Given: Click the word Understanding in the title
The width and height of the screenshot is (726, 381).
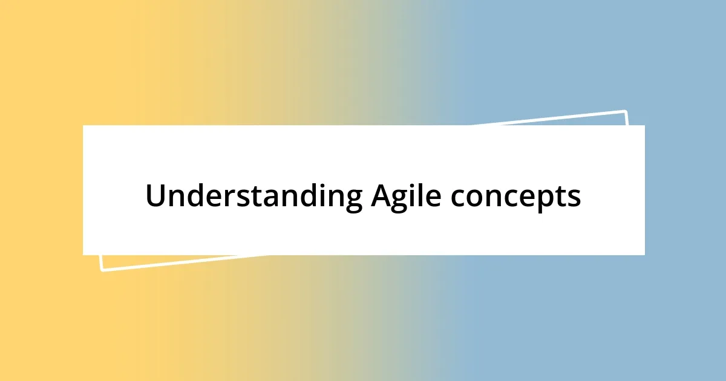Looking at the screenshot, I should (x=253, y=197).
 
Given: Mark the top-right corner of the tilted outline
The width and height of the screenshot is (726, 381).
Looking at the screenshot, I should (x=625, y=111).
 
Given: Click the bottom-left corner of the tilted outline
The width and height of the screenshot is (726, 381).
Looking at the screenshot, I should (x=102, y=270).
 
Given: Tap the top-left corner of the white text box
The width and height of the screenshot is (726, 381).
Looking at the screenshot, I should (x=83, y=126).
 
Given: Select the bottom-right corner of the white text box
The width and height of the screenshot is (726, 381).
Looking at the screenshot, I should (x=644, y=255).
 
